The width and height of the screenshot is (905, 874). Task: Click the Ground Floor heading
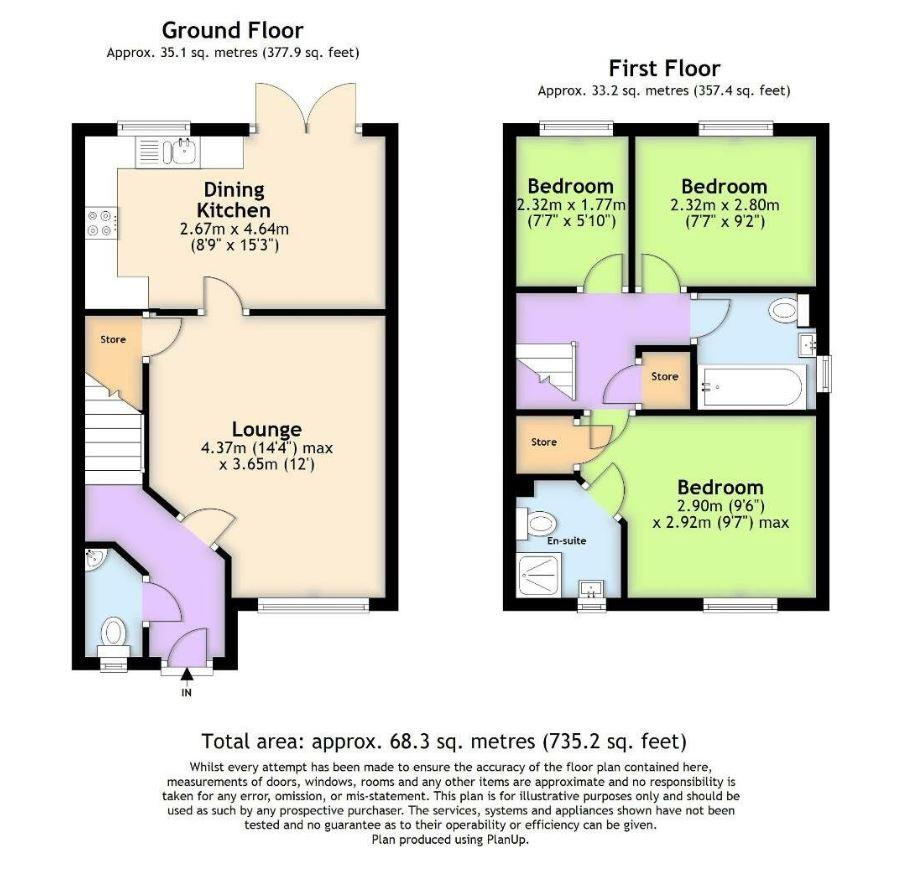tap(232, 31)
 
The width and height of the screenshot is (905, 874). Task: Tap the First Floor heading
tap(664, 68)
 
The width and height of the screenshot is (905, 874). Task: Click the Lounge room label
tap(267, 430)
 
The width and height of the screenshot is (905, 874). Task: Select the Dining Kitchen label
tap(233, 200)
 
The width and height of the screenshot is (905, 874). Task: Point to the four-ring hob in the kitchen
tap(101, 222)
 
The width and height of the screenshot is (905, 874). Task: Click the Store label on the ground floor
tap(113, 339)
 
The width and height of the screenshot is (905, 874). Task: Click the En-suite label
tap(566, 540)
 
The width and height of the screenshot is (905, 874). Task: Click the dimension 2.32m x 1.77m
tap(571, 205)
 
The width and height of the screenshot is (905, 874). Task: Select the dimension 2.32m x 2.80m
tap(724, 205)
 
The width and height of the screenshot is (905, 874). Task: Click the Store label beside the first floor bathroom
tap(665, 377)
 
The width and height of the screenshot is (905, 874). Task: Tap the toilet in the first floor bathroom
tap(785, 312)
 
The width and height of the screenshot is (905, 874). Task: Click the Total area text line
tap(444, 741)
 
